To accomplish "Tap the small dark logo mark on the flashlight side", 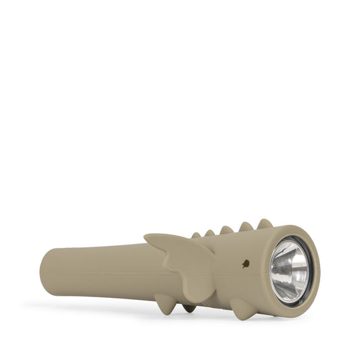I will [245, 264].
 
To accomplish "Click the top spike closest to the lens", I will [265, 224].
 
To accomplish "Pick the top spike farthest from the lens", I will [197, 235].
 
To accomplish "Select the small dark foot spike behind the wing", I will [190, 308].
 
